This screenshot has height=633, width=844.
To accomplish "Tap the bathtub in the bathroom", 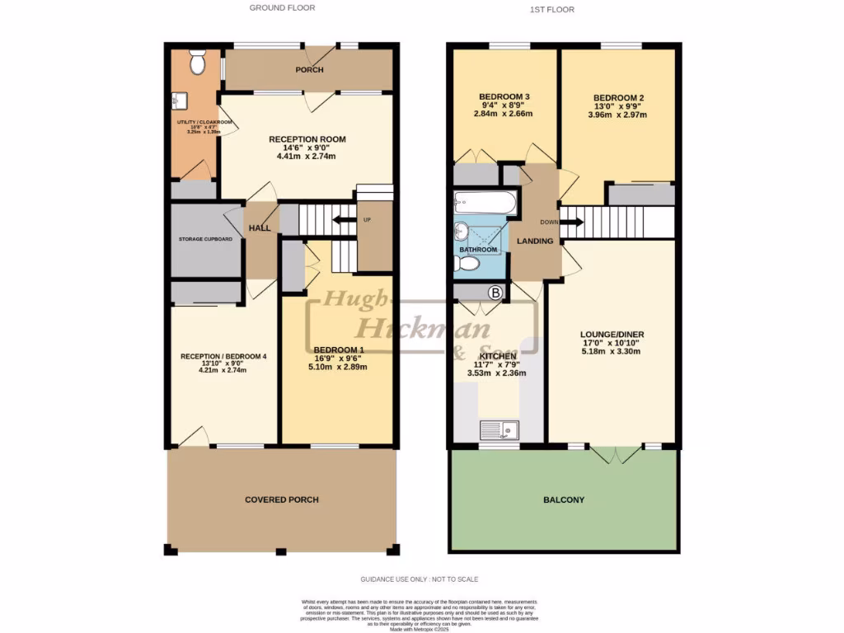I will pyautogui.click(x=485, y=203).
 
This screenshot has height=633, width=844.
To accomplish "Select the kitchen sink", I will pyautogui.click(x=499, y=429).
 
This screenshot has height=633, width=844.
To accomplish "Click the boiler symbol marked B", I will pyautogui.click(x=495, y=292).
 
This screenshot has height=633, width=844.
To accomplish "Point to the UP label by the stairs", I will pyautogui.click(x=366, y=220).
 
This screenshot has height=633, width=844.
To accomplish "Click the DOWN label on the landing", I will pyautogui.click(x=550, y=222).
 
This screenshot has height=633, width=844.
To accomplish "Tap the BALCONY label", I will pyautogui.click(x=564, y=499).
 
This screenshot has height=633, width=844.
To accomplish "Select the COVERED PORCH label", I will pyautogui.click(x=281, y=499).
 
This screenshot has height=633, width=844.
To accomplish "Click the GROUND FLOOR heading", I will pyautogui.click(x=283, y=8).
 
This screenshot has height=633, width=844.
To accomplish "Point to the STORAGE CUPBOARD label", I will pyautogui.click(x=205, y=240).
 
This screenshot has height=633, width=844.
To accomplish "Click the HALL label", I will pyautogui.click(x=260, y=227).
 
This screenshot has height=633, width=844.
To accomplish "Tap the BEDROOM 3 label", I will pyautogui.click(x=504, y=96).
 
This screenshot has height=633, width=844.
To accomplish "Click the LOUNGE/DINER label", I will pyautogui.click(x=612, y=334).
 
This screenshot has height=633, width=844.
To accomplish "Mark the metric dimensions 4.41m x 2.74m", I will pyautogui.click(x=307, y=156).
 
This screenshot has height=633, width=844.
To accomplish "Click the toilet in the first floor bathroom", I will pyautogui.click(x=467, y=264).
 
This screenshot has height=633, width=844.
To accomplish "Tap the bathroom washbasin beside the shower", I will pyautogui.click(x=462, y=230).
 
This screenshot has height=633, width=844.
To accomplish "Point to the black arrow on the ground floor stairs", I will pyautogui.click(x=340, y=220).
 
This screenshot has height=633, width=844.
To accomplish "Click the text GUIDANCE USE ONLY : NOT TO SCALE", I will pyautogui.click(x=419, y=579).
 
